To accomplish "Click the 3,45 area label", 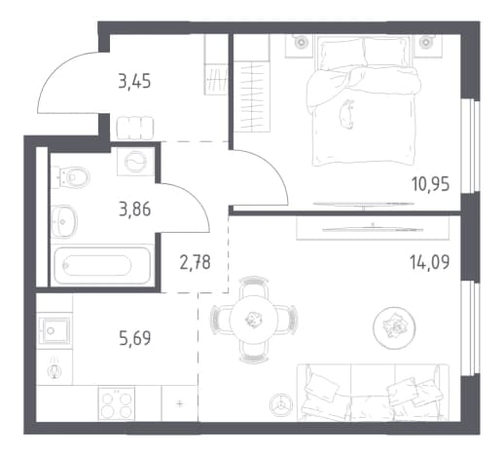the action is tap(134, 81).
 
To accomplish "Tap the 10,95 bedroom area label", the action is tap(431, 184).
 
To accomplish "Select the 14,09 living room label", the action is tap(430, 262).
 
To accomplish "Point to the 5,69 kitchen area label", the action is tap(135, 338).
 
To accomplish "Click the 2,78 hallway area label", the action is tap(195, 262).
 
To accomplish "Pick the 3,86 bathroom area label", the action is tap(135, 209).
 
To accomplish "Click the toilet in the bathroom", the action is tap(70, 177).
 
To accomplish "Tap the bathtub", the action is tap(102, 265).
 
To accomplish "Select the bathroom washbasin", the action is tap(64, 221).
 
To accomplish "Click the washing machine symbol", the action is tap(135, 162).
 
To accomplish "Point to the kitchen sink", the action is tap(54, 330).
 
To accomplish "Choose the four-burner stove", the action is tap(117, 403).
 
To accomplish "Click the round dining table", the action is tap(254, 320).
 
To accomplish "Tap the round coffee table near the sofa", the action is tap(394, 328).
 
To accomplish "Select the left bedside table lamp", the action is tap(302, 42).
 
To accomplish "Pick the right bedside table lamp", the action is tap(425, 42).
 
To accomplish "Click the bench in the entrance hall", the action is tap(135, 129).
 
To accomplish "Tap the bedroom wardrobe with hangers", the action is tap(252, 96).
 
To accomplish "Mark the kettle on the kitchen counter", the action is tap(54, 369).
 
